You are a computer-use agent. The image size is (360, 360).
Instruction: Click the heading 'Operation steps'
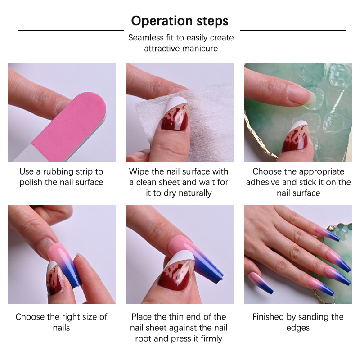[180, 21]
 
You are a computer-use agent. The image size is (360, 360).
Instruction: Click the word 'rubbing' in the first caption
[58, 172]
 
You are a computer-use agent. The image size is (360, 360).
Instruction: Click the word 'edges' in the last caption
[298, 328]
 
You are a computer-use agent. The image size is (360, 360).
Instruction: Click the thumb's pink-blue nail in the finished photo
[261, 283]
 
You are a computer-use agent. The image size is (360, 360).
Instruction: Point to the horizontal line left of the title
[71, 30]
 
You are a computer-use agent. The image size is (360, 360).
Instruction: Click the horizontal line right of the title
[293, 30]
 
